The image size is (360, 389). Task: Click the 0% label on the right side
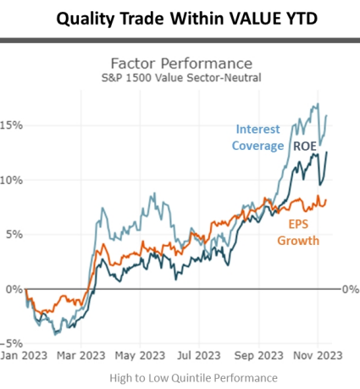(x=350, y=289)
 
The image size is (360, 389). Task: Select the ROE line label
(x=304, y=146)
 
